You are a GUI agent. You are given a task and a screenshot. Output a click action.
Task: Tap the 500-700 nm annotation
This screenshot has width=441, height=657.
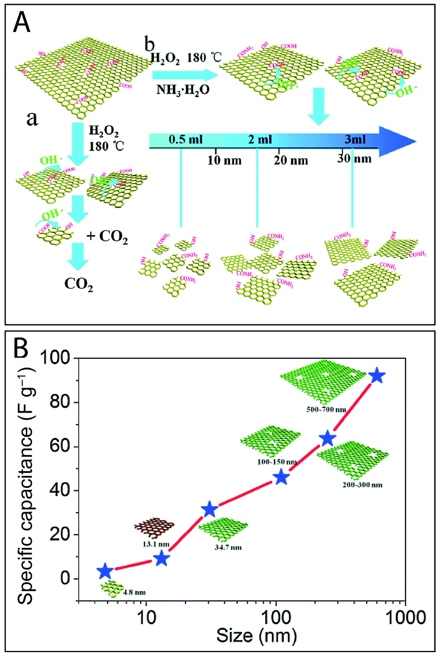(326, 409)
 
